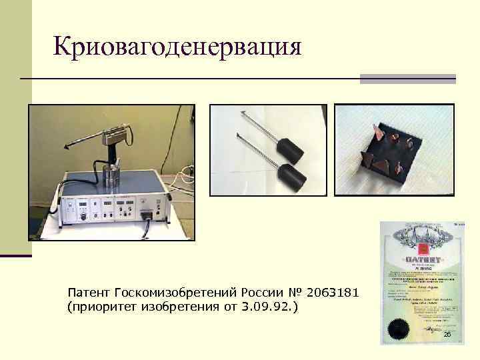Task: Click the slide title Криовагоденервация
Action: (x=177, y=47)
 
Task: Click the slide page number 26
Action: (x=447, y=333)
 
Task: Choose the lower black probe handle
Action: (x=293, y=172)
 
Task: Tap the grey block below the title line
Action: (x=407, y=79)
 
